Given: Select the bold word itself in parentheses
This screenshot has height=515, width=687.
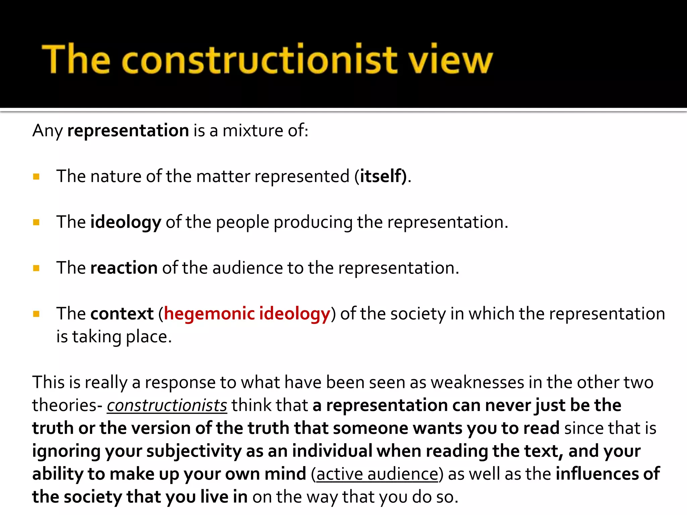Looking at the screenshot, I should pyautogui.click(x=381, y=176).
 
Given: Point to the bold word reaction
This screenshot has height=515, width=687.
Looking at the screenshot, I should pyautogui.click(x=124, y=268).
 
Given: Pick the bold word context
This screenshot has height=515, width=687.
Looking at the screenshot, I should pyautogui.click(x=122, y=314).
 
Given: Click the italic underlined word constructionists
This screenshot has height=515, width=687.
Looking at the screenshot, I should pyautogui.click(x=167, y=405).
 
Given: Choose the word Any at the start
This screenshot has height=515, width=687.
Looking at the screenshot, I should pyautogui.click(x=47, y=130).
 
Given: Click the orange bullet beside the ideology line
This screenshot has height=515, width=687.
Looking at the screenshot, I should pyautogui.click(x=37, y=222).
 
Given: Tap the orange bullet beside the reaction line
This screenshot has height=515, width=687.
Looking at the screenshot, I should pyautogui.click(x=37, y=268).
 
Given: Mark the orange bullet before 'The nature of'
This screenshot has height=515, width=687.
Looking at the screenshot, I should pyautogui.click(x=37, y=176).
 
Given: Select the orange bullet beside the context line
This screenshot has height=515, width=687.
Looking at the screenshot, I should pyautogui.click(x=37, y=314).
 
